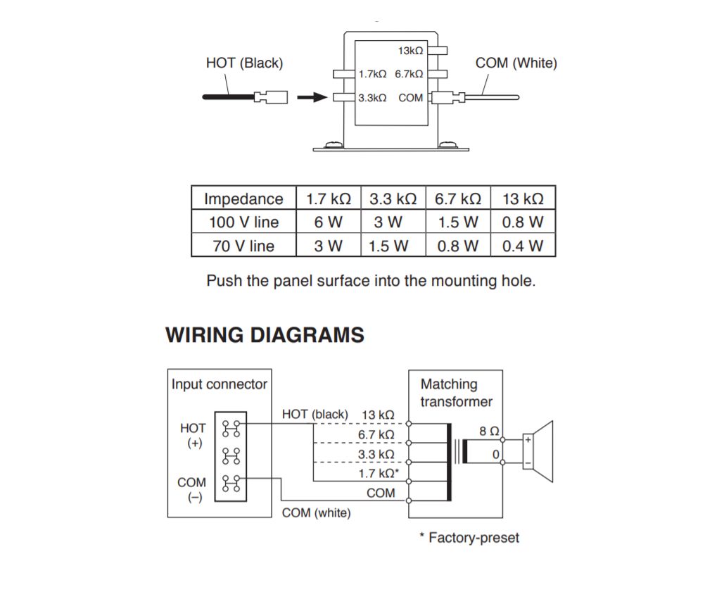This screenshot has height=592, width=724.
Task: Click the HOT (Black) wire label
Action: point(244,63)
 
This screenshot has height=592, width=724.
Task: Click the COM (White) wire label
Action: point(516,63)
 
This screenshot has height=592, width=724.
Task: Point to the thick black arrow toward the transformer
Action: point(312,98)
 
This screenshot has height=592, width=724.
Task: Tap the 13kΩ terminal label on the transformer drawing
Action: point(410,51)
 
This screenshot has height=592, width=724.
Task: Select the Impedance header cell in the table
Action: point(243,199)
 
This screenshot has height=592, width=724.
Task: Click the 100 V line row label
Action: point(243,222)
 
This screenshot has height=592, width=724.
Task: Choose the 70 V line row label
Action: point(243,246)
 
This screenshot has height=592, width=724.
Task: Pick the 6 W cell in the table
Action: point(328,222)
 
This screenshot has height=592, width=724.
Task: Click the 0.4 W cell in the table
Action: point(523,246)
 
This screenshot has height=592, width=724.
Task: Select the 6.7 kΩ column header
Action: point(458,199)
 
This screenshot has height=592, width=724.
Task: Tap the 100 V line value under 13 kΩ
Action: point(523,222)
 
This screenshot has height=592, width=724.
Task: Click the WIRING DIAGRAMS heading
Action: point(265,335)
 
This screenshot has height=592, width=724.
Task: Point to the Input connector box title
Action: point(220,384)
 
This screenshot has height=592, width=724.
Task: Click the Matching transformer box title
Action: point(456,393)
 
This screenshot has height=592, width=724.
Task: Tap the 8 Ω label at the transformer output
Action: point(490,431)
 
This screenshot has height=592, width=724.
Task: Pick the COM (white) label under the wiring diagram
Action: point(316,513)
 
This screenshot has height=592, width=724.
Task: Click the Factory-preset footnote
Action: point(469,538)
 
